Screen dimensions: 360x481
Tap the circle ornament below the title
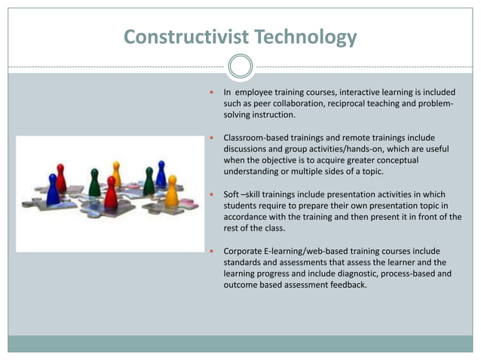[x=240, y=66]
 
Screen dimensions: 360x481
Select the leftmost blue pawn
[x=53, y=190]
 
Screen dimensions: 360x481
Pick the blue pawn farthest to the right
[x=161, y=175]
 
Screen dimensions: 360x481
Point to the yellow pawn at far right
[x=171, y=191]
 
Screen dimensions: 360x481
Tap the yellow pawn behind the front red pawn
[x=116, y=174]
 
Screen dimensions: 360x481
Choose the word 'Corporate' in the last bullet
[x=246, y=251]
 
